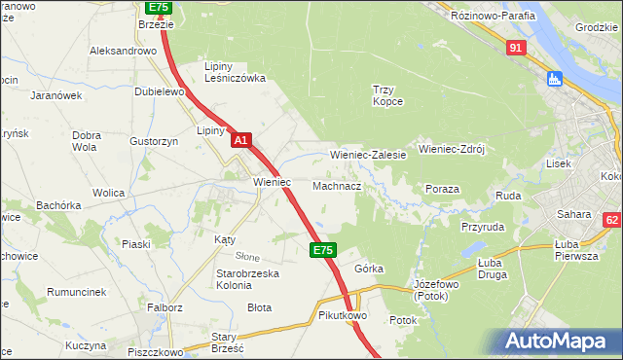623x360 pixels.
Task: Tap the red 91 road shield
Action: pos(517,47)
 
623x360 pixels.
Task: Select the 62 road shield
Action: pos(611,221)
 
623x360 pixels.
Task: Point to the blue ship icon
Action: pos(555,79)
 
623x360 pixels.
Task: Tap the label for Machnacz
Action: pos(338,186)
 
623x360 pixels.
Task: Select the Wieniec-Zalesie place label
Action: pos(368,155)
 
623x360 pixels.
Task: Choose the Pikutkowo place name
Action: pos(341,316)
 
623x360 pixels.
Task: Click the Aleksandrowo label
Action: pos(123,51)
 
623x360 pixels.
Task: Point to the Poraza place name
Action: pos(443,189)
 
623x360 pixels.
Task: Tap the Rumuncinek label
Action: pos(79,289)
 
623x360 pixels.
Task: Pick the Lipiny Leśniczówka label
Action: pos(234,72)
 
